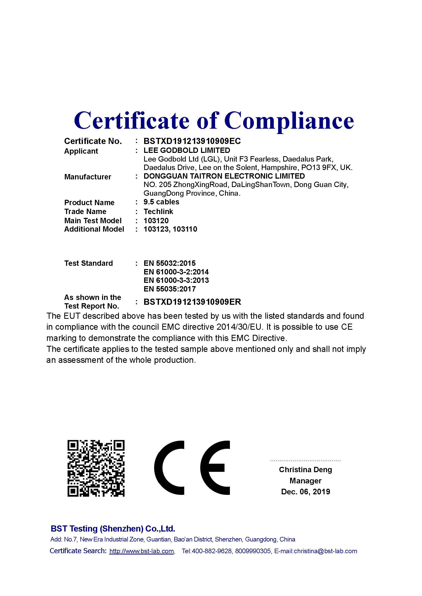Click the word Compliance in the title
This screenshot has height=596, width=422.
289,121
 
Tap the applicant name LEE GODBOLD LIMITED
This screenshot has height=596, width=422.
187,150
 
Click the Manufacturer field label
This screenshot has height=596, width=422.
88,177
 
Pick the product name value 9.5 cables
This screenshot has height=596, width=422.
161,202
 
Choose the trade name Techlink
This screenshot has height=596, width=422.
158,211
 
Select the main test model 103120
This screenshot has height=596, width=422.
156,221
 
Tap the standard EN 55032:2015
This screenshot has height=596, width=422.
169,263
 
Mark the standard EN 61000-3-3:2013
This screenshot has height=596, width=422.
176,280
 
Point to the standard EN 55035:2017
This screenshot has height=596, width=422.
169,289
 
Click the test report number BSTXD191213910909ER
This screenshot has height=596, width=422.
192,302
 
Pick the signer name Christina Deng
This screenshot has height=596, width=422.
305,470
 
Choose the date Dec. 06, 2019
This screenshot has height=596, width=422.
305,492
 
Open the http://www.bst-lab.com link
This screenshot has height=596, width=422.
142,551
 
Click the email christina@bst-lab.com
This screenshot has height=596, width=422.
325,551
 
